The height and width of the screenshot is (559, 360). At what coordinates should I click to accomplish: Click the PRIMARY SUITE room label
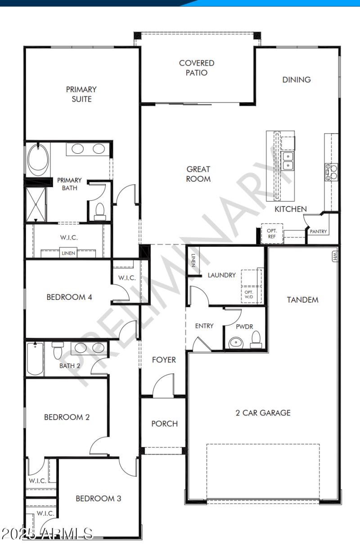point(81,94)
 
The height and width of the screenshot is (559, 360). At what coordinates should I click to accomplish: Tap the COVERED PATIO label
point(197,68)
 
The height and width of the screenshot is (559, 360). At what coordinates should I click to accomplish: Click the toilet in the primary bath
point(99,210)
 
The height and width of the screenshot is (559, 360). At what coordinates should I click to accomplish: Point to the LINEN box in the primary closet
point(69,253)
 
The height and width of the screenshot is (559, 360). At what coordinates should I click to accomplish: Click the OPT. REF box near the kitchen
point(272,233)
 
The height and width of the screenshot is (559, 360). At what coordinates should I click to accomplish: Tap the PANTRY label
point(318,232)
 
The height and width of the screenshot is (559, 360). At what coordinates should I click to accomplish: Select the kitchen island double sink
point(288,161)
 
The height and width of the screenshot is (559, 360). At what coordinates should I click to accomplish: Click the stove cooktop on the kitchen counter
point(331,172)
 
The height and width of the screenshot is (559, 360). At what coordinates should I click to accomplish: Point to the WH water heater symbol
point(334,256)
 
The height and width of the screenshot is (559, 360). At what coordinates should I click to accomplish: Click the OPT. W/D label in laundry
point(249,295)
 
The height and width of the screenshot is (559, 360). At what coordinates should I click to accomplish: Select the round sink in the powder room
point(234,343)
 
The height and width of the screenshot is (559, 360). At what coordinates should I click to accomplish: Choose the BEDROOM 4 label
point(69,297)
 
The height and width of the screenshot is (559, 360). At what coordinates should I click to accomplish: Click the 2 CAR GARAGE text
point(263,412)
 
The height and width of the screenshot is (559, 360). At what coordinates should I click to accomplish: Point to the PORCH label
point(164,423)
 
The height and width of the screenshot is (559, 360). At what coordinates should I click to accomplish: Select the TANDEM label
point(302,300)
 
